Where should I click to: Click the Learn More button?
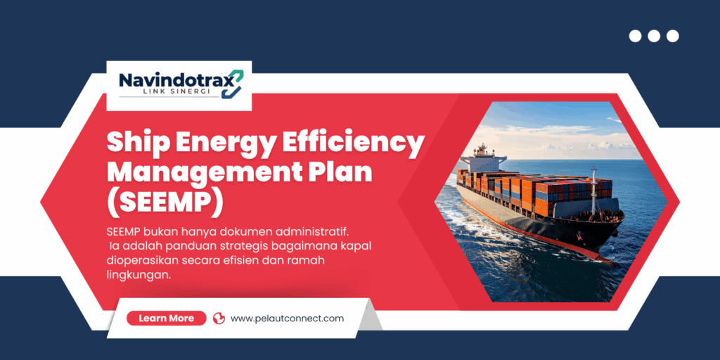click(166, 319)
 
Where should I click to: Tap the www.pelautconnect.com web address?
click(287, 319)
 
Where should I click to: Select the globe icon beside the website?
click(219, 319)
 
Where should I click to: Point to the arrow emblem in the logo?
click(232, 84)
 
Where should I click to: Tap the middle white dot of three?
click(654, 36)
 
